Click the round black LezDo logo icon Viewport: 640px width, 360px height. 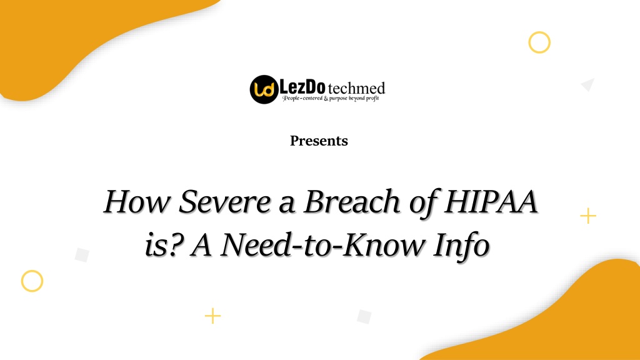pos(263,89)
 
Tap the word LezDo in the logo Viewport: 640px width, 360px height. pos(302,86)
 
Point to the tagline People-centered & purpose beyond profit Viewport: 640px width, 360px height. pos(331,98)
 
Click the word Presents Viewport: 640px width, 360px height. pos(319,141)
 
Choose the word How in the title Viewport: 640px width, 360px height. pos(137,203)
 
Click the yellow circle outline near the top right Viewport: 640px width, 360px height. pos(539,42)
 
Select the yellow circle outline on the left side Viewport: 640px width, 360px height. pos(32,281)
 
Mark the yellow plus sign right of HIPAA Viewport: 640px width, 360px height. pos(587,216)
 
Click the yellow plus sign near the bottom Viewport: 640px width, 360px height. pos(212,316)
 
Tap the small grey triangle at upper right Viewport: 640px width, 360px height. pos(587,84)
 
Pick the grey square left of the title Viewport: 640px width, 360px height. pos(82,255)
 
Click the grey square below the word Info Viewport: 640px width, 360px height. pos(364,316)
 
